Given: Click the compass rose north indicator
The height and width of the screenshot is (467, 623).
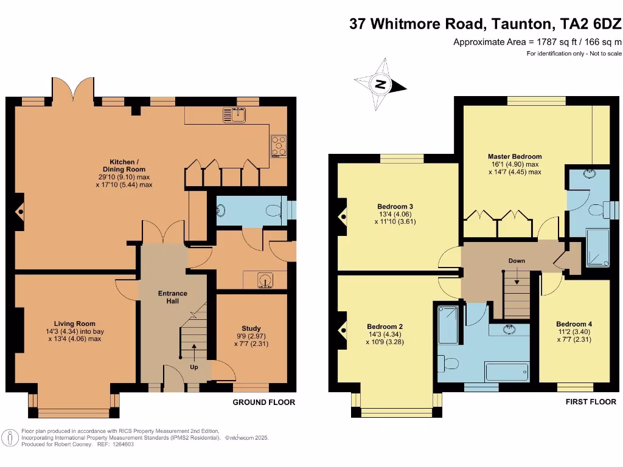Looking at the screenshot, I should click(381, 85).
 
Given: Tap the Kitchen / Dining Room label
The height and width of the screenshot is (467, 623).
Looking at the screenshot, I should click(124, 165).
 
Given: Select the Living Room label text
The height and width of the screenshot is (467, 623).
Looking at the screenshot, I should click(75, 323).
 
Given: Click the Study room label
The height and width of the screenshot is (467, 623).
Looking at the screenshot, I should click(251, 328).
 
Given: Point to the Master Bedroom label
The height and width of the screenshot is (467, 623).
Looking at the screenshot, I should click(514, 156).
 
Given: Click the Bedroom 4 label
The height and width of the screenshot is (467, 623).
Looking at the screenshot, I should click(574, 324).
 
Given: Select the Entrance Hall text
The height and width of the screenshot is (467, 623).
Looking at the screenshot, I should click(173, 297).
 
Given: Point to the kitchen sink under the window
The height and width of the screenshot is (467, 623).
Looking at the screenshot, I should click(234, 114).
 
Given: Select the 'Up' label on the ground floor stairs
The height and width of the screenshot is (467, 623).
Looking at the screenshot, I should click(194, 367).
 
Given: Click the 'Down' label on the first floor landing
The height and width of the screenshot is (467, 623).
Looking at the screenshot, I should click(517, 261).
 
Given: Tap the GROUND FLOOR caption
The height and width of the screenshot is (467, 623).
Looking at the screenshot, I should click(264, 403).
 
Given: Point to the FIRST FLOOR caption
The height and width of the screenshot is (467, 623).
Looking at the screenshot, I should click(591, 402).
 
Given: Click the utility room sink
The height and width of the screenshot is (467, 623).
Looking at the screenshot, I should click(266, 280).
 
